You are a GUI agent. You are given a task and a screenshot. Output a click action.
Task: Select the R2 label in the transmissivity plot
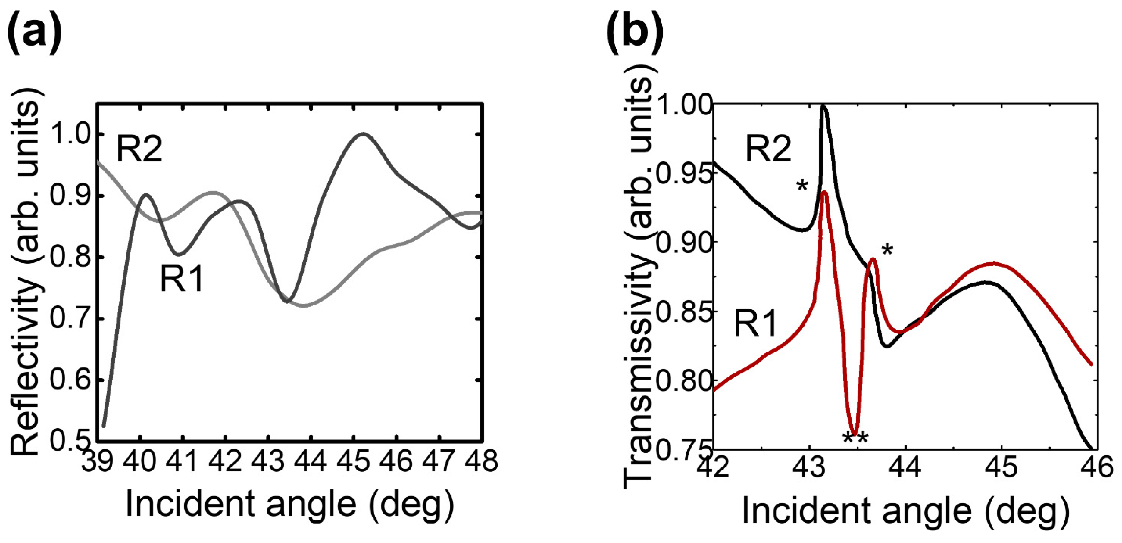pyautogui.click(x=768, y=149)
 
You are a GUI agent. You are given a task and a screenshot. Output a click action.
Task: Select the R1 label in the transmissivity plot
pyautogui.click(x=756, y=324)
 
